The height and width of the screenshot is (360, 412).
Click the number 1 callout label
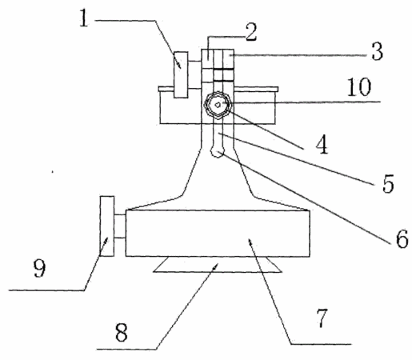(84, 18)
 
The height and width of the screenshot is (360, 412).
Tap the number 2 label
(251, 32)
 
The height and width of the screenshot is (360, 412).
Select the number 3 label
(377, 51)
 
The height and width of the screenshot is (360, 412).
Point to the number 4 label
(322, 144)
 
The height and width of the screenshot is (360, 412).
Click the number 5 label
(388, 184)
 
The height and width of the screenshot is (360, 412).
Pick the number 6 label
(402, 238)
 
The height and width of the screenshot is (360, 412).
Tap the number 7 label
(322, 318)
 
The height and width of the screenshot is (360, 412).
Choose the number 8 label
(122, 333)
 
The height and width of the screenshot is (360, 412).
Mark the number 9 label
(40, 269)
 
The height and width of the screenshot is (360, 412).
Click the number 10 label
(359, 87)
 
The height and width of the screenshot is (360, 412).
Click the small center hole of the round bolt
(218, 105)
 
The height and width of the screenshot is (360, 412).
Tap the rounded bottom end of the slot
(218, 154)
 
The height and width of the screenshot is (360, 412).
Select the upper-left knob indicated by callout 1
(181, 74)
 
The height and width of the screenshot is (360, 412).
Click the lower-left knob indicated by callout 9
(107, 226)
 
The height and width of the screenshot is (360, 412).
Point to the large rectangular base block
(218, 234)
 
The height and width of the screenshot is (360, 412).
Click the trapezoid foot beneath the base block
(218, 265)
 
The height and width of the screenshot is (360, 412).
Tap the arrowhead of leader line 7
(250, 241)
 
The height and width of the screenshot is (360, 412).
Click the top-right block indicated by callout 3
(229, 58)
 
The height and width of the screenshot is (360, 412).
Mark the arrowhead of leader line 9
(106, 240)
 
